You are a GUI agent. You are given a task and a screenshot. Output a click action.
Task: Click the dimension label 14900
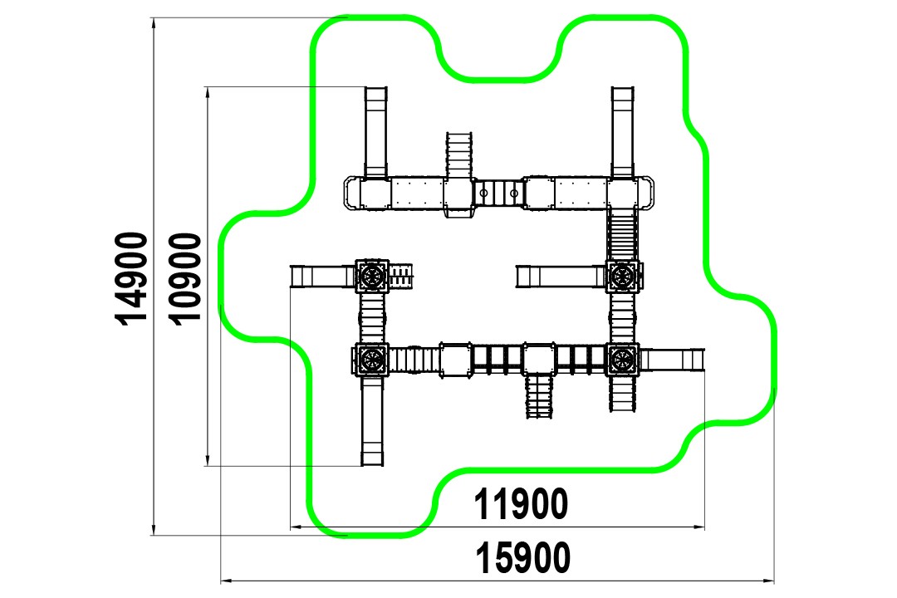133,279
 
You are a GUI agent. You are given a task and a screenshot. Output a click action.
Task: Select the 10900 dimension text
187,279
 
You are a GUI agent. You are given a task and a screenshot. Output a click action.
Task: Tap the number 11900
521,504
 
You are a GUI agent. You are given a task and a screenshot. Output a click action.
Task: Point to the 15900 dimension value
523,558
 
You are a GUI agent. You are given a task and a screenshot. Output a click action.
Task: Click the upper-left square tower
372,276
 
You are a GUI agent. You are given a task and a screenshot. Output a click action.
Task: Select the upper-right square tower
622,277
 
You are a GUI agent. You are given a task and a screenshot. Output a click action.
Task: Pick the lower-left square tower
371,360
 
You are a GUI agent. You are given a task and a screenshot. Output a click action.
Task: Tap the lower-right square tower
622,360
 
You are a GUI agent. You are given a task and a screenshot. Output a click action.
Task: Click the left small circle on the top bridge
483,194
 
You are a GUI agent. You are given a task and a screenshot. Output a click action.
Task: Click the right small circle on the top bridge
514,194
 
